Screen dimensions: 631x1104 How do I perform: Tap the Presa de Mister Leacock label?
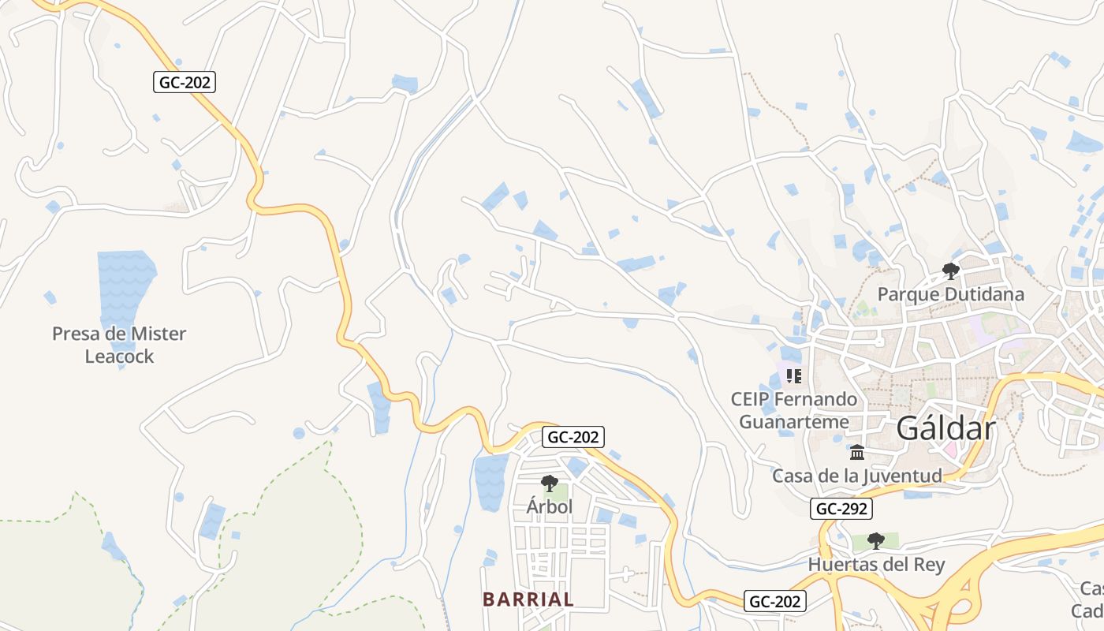[x=119, y=345]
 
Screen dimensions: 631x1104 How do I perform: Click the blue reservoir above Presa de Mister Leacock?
[x=125, y=284]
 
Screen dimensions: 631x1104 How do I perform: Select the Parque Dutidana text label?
[x=951, y=294]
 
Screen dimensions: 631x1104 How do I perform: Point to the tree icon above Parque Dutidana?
[x=951, y=271]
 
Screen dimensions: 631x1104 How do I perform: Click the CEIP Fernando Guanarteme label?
[x=794, y=410]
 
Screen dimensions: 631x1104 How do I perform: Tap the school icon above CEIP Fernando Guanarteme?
[x=793, y=375]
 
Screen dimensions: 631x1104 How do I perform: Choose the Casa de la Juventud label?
[x=857, y=476]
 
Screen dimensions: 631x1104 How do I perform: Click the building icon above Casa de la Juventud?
[x=857, y=452]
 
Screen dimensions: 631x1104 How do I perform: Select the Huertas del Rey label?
[x=876, y=565]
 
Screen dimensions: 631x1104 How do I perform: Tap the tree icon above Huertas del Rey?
[x=875, y=540]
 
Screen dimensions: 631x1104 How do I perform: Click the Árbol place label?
[x=550, y=506]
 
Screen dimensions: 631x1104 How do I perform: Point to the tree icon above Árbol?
[x=550, y=483]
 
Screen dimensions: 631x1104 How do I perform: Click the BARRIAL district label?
[x=528, y=599]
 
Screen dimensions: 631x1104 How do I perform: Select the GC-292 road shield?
[x=842, y=509]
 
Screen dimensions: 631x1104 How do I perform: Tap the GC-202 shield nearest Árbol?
[x=573, y=437]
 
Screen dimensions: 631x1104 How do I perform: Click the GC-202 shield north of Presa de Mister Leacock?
[x=185, y=82]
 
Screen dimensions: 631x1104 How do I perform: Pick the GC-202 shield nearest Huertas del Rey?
[x=775, y=601]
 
